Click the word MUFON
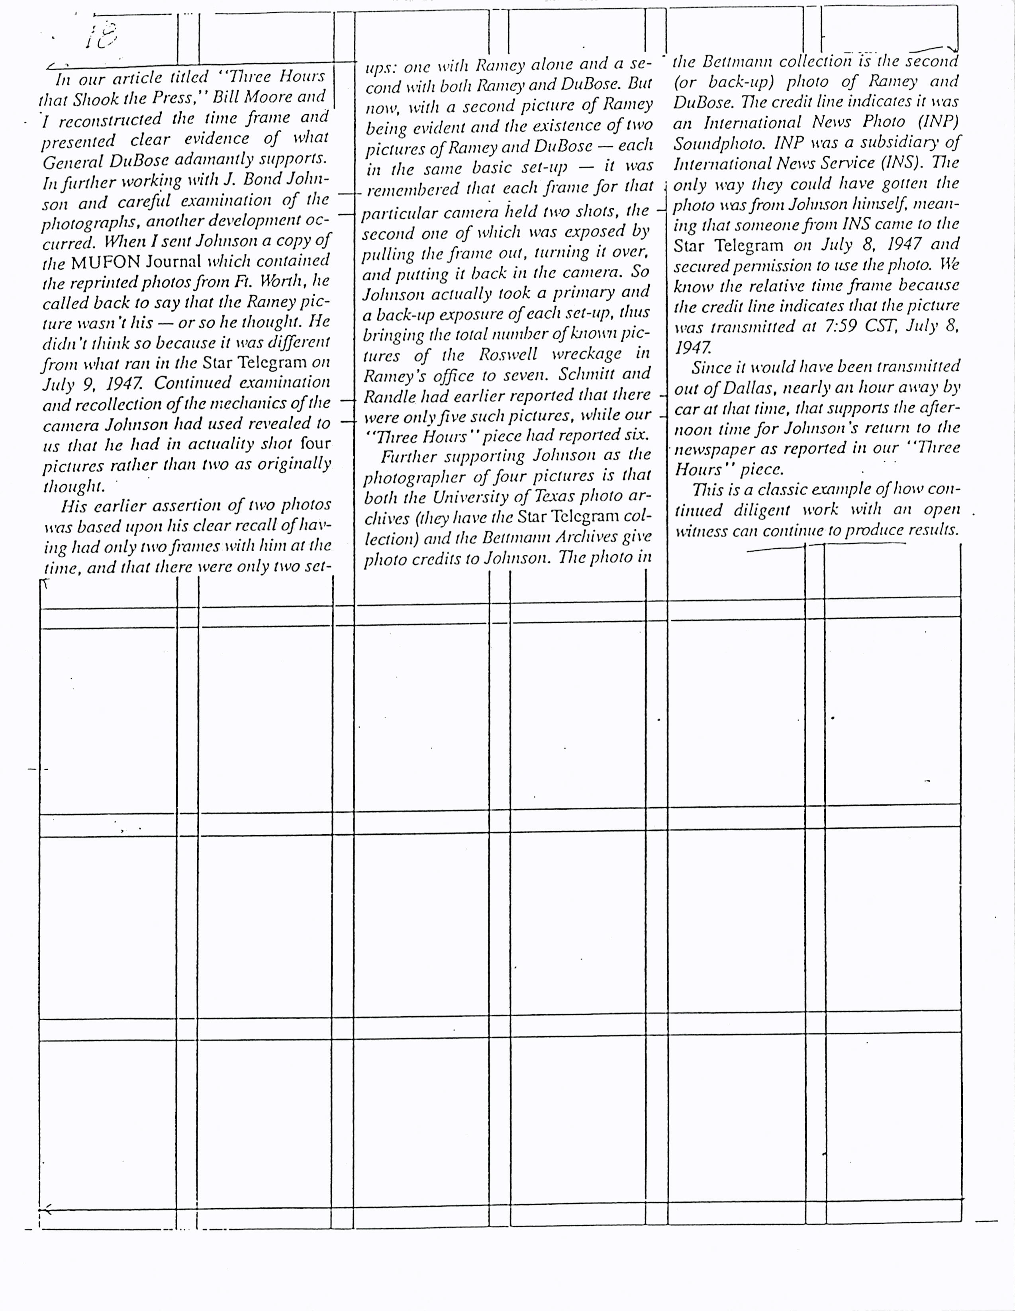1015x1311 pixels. (x=106, y=262)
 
